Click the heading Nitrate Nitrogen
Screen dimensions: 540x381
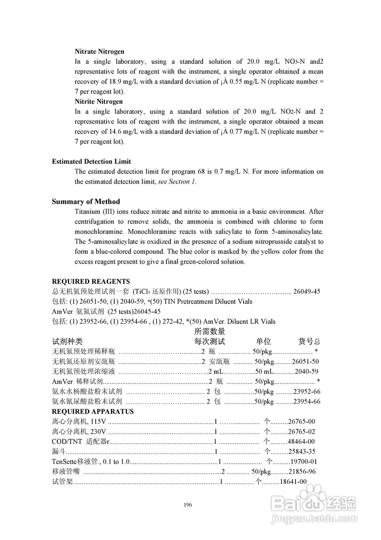point(99,51)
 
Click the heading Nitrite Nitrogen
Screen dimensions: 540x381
point(99,102)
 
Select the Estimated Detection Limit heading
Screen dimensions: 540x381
point(91,162)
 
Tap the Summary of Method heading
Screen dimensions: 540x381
point(86,202)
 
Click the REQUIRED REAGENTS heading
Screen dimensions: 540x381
point(91,281)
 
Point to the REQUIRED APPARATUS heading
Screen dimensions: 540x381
point(93,411)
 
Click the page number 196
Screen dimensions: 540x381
point(188,505)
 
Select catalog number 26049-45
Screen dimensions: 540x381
point(307,292)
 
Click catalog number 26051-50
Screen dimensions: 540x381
point(305,362)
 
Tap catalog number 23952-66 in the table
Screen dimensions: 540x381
point(307,391)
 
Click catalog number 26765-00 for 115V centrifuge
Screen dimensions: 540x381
point(301,421)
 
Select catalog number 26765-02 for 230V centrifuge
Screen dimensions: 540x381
point(301,432)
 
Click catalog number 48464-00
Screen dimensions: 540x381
point(301,442)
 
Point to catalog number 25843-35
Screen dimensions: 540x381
point(301,452)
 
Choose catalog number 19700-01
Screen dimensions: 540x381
point(303,462)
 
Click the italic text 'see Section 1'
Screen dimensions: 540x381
point(177,182)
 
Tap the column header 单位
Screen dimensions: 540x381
point(263,342)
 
